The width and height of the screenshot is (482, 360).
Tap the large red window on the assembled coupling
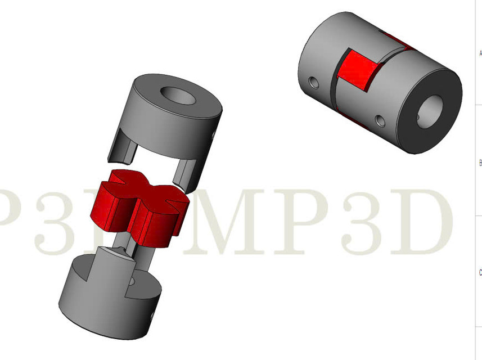pyautogui.click(x=355, y=70)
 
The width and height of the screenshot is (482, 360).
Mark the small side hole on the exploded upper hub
pyautogui.click(x=214, y=134)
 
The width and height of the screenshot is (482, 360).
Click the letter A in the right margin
pyautogui.click(x=480, y=53)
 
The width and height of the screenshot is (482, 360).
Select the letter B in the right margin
pyautogui.click(x=480, y=163)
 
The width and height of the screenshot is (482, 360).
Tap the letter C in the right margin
pyautogui.click(x=480, y=272)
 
